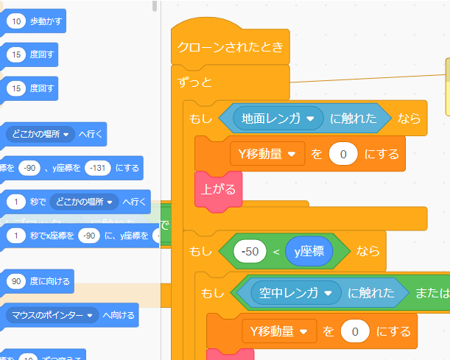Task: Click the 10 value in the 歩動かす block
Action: (16, 21)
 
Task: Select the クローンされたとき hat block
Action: (230, 49)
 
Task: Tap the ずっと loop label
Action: (194, 82)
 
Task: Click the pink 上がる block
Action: (218, 189)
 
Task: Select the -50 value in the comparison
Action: (250, 251)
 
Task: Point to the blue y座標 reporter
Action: (309, 251)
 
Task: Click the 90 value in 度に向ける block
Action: (16, 280)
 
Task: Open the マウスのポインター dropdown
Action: (52, 315)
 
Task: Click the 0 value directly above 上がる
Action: (343, 154)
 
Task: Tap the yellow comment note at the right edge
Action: (447, 87)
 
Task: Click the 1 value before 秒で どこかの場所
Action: (16, 201)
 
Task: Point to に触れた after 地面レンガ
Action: (354, 117)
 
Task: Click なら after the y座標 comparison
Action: (368, 251)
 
